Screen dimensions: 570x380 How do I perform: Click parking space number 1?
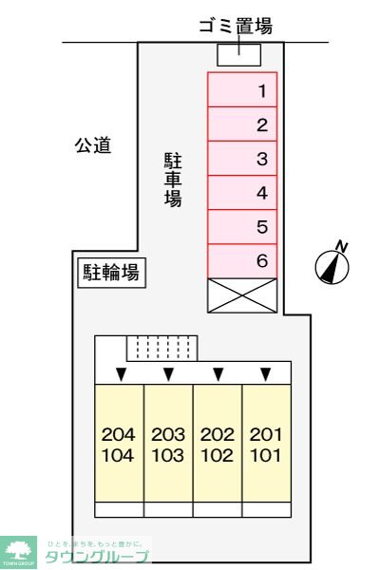(242, 90)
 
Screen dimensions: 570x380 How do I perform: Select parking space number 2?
(242, 124)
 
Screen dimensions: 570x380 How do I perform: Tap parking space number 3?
(242, 159)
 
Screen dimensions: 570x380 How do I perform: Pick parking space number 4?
(242, 193)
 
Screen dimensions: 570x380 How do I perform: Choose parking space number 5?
(242, 227)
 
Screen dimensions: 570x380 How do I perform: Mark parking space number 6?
(242, 261)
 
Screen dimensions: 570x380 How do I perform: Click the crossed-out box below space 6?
(242, 294)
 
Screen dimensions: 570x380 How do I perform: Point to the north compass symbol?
(332, 265)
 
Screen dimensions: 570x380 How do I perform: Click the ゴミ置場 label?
(236, 27)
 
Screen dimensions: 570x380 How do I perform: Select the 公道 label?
(94, 145)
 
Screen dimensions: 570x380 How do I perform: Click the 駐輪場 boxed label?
(110, 274)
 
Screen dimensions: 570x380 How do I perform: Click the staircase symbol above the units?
(162, 349)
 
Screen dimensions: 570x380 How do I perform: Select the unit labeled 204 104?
(119, 442)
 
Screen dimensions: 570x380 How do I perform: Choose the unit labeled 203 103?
(168, 442)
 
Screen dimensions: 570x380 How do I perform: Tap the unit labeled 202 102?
(218, 442)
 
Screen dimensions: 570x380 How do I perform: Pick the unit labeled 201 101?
(267, 442)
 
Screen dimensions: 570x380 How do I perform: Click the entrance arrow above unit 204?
(119, 372)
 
